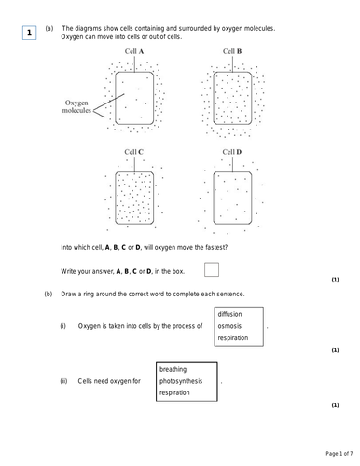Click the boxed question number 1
(29, 34)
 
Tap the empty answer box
(212, 270)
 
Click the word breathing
(175, 369)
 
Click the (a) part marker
(48, 29)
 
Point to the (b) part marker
(48, 294)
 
